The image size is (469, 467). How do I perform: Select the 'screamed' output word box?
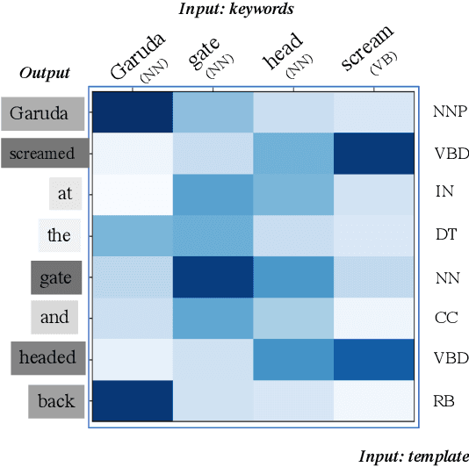click(43, 154)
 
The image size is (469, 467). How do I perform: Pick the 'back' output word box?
click(56, 401)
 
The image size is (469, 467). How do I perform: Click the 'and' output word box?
click(54, 317)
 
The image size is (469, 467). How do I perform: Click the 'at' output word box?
click(65, 194)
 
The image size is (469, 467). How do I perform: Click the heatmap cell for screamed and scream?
click(372, 153)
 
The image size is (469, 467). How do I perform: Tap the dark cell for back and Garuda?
click(132, 401)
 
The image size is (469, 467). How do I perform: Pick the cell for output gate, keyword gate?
click(213, 277)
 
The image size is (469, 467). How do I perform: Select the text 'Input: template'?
click(414, 456)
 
